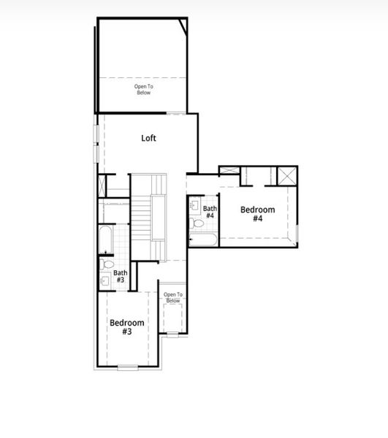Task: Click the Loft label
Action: (x=148, y=137)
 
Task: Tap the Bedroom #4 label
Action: (x=258, y=214)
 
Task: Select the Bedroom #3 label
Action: (x=126, y=326)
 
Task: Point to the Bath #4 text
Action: (x=210, y=212)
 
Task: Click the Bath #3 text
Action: (x=120, y=276)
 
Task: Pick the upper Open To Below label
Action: (x=143, y=90)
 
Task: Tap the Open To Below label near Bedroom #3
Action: (x=173, y=297)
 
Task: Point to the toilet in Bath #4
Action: (x=194, y=223)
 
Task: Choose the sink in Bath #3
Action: (x=104, y=279)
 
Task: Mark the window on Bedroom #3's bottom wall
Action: (x=127, y=366)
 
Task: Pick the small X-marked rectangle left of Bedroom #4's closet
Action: (x=229, y=171)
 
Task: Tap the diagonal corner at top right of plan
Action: (x=183, y=28)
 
